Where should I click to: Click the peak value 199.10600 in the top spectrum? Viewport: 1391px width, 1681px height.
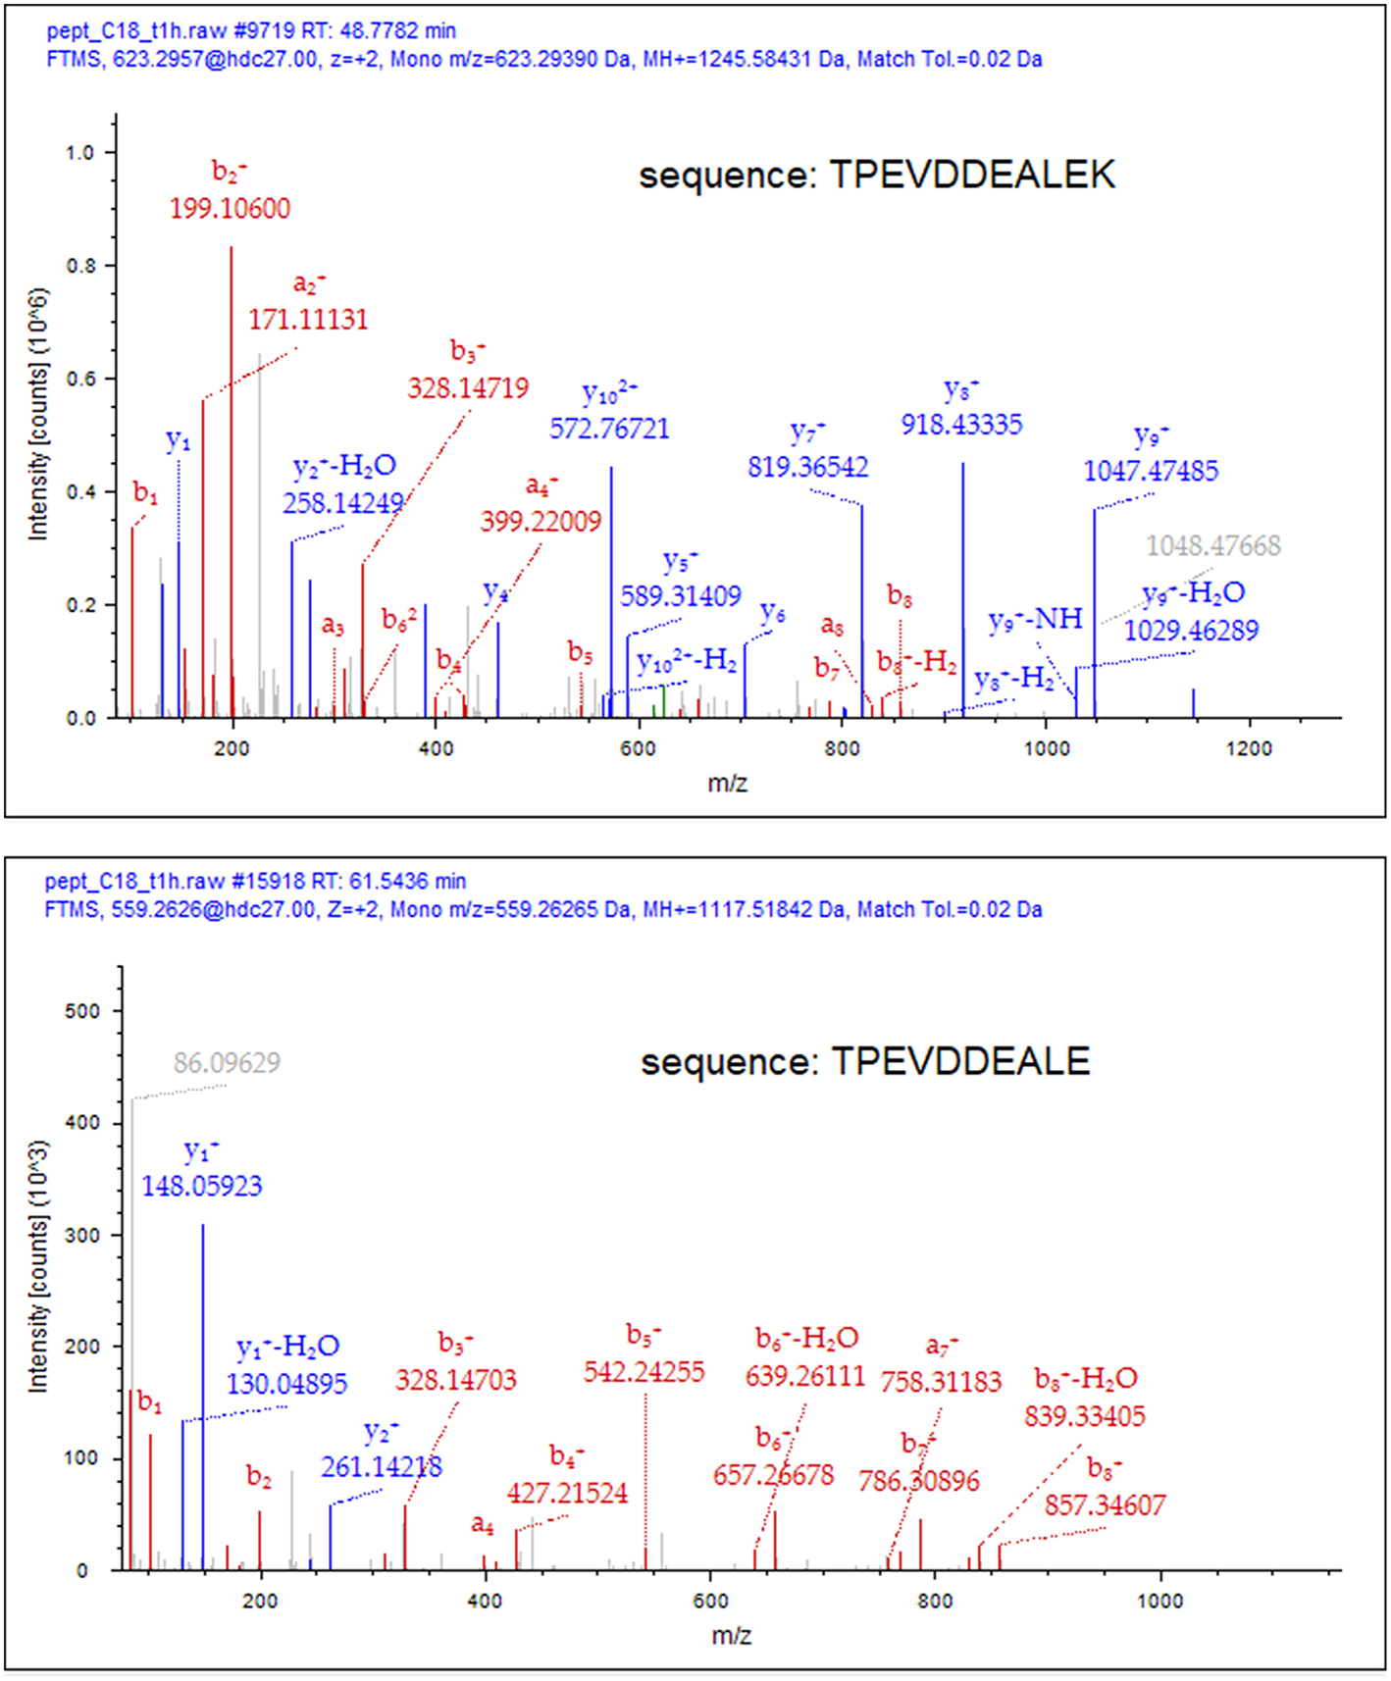click(230, 208)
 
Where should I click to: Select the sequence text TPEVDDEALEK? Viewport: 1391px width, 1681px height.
click(972, 176)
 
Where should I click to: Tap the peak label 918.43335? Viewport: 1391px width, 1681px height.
click(961, 425)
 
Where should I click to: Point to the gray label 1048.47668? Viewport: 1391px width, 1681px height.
click(1213, 545)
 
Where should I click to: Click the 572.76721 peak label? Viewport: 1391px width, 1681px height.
click(609, 429)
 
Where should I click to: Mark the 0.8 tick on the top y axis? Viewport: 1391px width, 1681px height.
click(80, 266)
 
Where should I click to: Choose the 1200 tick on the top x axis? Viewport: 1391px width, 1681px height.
click(1249, 748)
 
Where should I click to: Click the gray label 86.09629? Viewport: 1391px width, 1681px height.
click(227, 1062)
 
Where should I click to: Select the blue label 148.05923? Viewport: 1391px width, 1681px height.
click(202, 1186)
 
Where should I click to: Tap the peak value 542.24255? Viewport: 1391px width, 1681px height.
click(644, 1371)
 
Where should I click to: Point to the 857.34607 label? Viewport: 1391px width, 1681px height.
click(1105, 1504)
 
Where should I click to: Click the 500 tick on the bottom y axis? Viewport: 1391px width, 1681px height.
click(82, 1011)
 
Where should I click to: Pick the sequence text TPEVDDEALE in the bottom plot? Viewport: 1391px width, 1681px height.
click(960, 1062)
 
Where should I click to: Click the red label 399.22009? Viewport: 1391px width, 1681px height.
click(541, 521)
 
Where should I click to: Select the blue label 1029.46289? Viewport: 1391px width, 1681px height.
click(1191, 630)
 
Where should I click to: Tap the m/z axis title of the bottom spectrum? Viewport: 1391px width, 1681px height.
click(731, 1635)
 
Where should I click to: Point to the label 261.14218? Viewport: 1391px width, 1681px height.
click(382, 1466)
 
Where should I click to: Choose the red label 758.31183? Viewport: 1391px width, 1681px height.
click(941, 1382)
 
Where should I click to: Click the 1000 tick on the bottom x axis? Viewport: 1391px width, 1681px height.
click(1159, 1601)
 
